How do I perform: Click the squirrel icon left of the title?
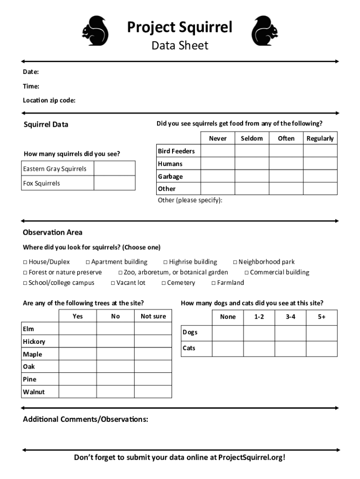[95, 32]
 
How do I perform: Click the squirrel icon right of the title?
[265, 32]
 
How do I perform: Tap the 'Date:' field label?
[31, 72]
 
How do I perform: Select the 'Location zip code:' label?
[49, 101]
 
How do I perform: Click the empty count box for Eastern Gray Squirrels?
[115, 168]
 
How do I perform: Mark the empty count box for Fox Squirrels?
[115, 183]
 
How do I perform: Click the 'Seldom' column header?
[252, 138]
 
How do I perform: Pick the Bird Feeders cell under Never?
[217, 151]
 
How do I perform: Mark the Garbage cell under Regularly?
[320, 176]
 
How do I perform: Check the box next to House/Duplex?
[25, 262]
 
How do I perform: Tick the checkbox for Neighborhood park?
[235, 262]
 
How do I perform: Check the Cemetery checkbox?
[164, 283]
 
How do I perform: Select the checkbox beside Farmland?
[214, 283]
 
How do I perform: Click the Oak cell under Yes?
[78, 367]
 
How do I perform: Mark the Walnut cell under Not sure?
[153, 392]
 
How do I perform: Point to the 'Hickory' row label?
[34, 341]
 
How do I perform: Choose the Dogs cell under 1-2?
[259, 333]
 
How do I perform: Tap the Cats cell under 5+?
[322, 348]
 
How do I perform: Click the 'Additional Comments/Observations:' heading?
[86, 419]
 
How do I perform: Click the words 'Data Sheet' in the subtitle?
[180, 45]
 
